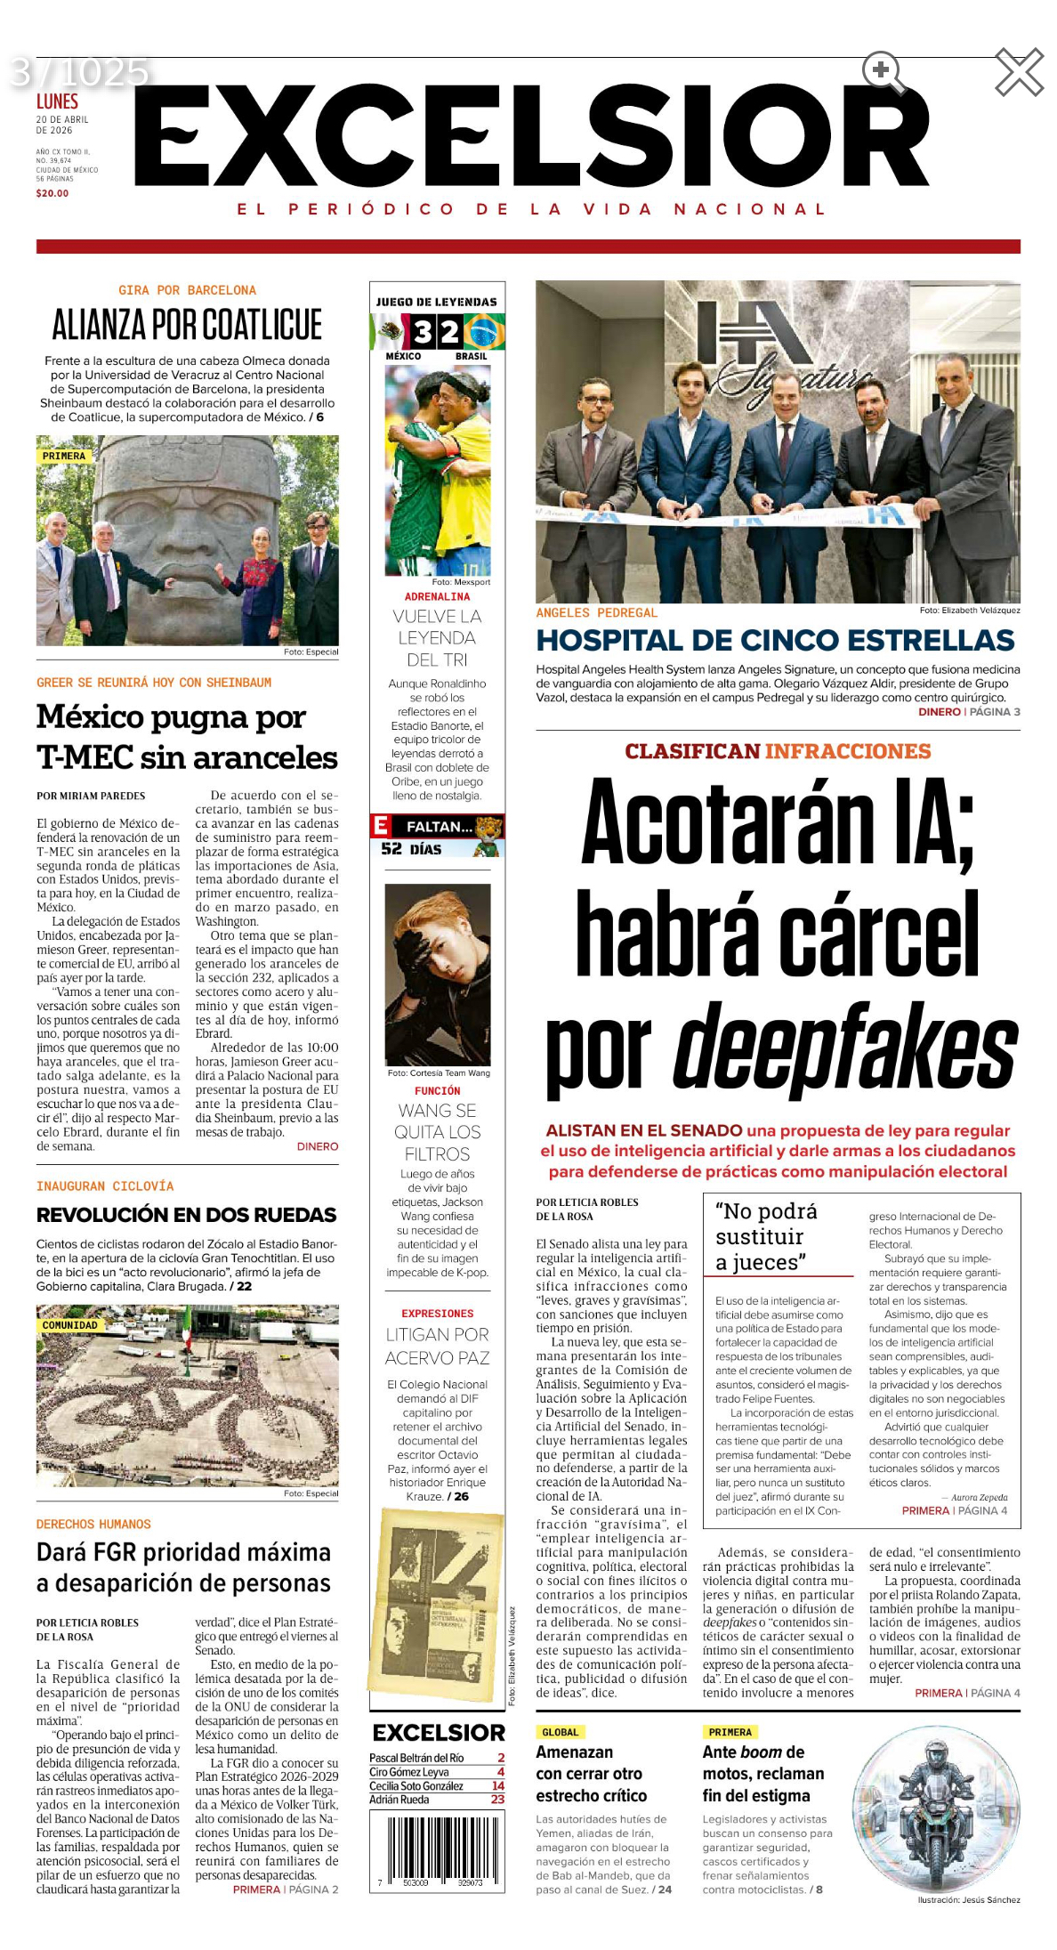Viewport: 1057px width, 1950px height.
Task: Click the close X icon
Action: pos(1019,72)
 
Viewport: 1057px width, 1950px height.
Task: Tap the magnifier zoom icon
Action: pos(882,71)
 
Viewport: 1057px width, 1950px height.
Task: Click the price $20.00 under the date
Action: pos(52,193)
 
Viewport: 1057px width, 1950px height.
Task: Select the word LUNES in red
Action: pos(57,101)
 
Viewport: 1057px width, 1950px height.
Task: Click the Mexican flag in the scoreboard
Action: pos(389,333)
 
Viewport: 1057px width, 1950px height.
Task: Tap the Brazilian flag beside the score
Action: pos(485,333)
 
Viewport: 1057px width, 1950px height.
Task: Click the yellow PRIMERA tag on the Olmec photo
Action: pos(64,456)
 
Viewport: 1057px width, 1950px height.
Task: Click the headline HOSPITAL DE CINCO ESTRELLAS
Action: pos(775,640)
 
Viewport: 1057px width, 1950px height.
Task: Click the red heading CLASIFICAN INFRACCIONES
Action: pos(777,751)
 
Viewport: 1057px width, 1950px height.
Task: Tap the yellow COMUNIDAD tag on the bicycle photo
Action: pos(69,1324)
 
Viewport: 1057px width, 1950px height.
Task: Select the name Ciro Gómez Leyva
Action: pos(409,1771)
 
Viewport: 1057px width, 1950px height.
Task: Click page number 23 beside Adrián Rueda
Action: pos(497,1799)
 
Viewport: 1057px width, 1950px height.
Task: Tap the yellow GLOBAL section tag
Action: pos(560,1732)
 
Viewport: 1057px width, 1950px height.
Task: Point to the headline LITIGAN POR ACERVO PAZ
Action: pos(437,1346)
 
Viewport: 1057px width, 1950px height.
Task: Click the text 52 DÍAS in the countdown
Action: pos(411,849)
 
